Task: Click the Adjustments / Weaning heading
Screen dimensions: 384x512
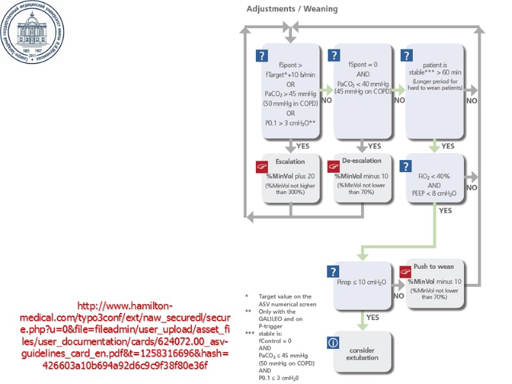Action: click(x=292, y=9)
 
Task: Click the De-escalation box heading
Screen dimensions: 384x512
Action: click(x=362, y=161)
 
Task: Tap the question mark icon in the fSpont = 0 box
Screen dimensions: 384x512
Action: click(x=333, y=56)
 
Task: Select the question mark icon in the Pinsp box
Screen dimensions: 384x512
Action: click(x=333, y=271)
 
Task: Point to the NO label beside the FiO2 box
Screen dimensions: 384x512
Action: click(x=471, y=188)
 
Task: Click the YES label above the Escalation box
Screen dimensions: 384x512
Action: click(x=303, y=146)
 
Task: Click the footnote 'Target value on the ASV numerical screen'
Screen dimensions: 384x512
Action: click(x=284, y=300)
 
